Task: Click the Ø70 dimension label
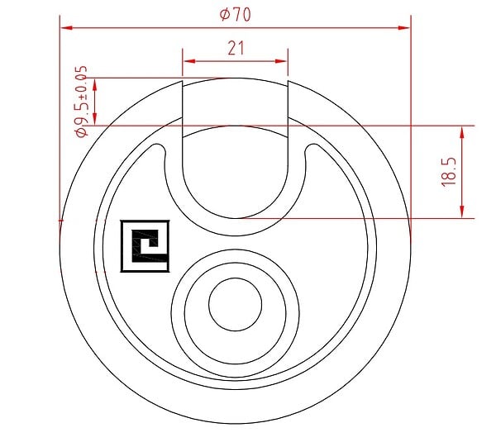(236, 14)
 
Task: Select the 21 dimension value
(236, 49)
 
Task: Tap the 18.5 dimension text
(450, 172)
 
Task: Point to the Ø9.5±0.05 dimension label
(81, 101)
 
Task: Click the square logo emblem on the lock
(145, 246)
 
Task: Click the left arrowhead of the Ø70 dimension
(67, 28)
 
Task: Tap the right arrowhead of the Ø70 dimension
(403, 28)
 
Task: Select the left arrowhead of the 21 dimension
(189, 61)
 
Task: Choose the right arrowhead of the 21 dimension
(281, 61)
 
